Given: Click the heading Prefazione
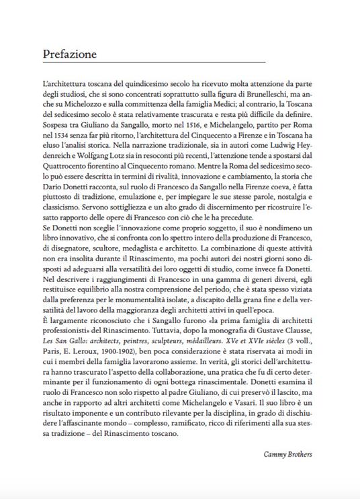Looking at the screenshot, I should click(x=69, y=53).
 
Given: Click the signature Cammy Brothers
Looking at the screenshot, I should click(x=286, y=455).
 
